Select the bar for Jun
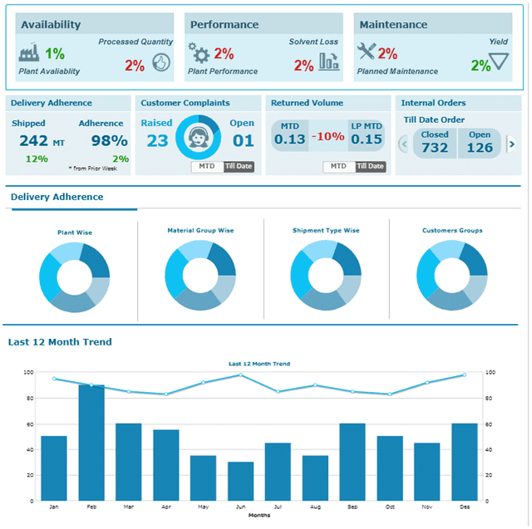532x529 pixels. click(241, 481)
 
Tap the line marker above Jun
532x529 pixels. click(241, 375)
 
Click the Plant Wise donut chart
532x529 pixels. click(74, 277)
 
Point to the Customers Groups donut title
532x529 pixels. click(452, 230)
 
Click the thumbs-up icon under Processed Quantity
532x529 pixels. click(160, 61)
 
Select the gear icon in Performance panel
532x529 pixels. click(199, 54)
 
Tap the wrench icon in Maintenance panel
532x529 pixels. click(366, 53)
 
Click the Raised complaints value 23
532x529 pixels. click(157, 140)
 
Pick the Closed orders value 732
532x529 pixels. click(435, 148)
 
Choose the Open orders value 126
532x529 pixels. click(480, 148)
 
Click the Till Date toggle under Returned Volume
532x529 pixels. click(371, 166)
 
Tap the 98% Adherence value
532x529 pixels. click(109, 140)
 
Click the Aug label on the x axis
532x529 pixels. click(315, 506)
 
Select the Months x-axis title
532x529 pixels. click(259, 515)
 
